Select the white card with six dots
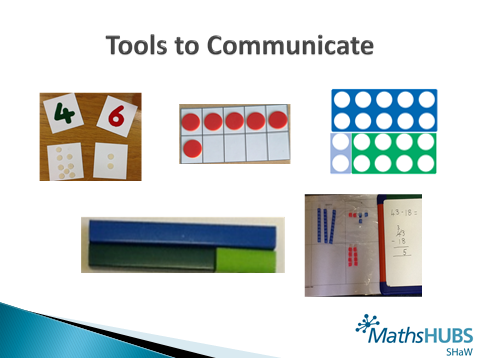pos(63,160)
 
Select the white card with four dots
pos(114,160)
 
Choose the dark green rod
pos(150,258)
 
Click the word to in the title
pos(186,46)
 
